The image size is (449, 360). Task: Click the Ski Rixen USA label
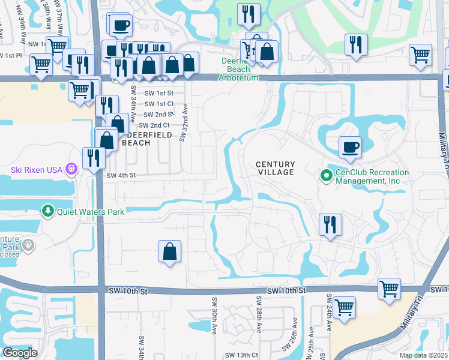pyautogui.click(x=34, y=169)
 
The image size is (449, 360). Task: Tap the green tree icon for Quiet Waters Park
pyautogui.click(x=47, y=211)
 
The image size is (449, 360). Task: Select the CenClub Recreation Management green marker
pyautogui.click(x=326, y=176)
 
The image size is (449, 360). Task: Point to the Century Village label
pyautogui.click(x=276, y=168)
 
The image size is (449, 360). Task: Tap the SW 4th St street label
pyautogui.click(x=121, y=176)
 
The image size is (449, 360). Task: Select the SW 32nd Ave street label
pyautogui.click(x=184, y=126)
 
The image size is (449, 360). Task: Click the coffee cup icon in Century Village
pyautogui.click(x=349, y=147)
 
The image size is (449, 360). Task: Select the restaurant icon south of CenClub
pyautogui.click(x=330, y=225)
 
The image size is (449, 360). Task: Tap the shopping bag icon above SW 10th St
pyautogui.click(x=170, y=251)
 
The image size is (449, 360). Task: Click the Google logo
pyautogui.click(x=20, y=353)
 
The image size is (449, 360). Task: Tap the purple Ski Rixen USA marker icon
pyautogui.click(x=71, y=169)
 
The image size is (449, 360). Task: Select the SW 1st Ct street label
pyautogui.click(x=158, y=104)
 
